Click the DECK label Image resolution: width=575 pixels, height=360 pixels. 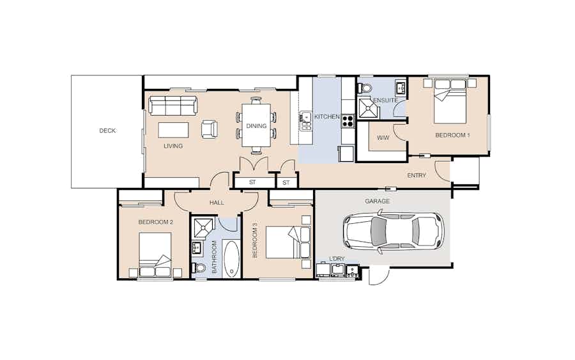tap(107, 130)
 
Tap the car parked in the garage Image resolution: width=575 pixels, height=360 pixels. tap(394, 232)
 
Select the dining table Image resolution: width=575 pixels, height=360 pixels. tap(256, 125)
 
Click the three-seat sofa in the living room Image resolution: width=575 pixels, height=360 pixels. tap(173, 106)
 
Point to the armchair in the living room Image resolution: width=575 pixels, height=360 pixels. tap(209, 130)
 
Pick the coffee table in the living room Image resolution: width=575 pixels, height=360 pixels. tap(173, 130)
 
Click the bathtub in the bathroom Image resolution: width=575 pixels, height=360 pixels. tap(231, 258)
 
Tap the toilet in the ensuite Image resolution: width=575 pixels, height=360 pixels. tap(364, 88)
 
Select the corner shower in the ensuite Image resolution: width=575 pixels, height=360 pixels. tap(367, 108)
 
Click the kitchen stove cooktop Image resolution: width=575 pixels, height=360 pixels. tap(348, 121)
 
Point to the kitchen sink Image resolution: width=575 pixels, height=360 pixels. tap(305, 121)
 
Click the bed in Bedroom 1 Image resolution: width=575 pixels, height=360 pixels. tap(450, 102)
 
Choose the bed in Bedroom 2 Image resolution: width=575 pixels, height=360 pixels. tap(155, 254)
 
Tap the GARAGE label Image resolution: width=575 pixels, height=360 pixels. tap(378, 201)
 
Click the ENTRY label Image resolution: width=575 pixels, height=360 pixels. tap(417, 175)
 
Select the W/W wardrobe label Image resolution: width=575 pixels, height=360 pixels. tap(383, 138)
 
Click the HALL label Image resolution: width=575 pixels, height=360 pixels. tap(217, 203)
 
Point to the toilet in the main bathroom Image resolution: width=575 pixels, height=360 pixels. tap(199, 267)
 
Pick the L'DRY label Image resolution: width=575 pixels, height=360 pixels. tap(337, 259)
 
